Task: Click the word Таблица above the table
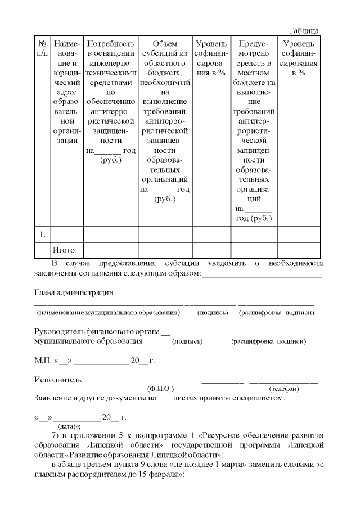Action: (304, 30)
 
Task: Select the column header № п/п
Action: (42, 48)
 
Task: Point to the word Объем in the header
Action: (165, 43)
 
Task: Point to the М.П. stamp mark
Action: (43, 361)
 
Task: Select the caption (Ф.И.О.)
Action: (160, 389)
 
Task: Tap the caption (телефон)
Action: (284, 389)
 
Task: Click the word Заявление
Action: (55, 398)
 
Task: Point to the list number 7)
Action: (55, 436)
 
